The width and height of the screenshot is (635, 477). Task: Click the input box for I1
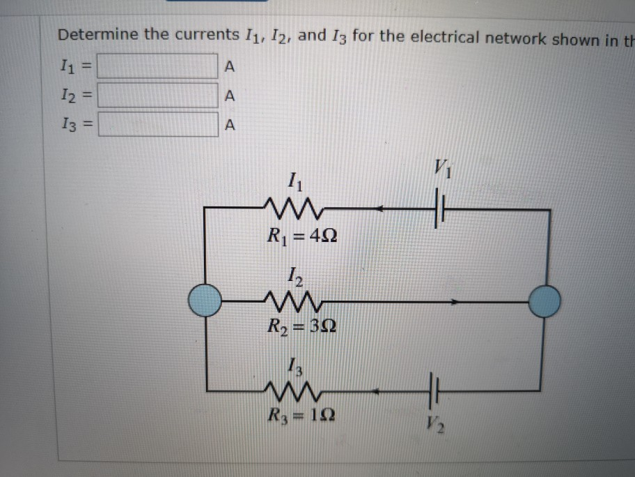point(157,67)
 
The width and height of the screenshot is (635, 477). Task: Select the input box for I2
point(157,96)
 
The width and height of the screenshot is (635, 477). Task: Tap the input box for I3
point(157,126)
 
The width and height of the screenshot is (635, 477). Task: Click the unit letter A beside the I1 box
point(231,68)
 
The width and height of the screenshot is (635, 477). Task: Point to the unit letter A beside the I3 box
point(231,126)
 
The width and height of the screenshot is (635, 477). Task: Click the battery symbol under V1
point(439,209)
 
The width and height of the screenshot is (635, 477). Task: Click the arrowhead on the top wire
point(382,208)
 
